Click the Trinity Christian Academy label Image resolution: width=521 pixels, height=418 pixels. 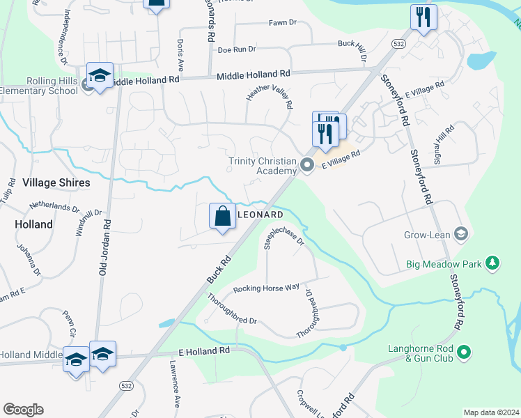[x=262, y=166]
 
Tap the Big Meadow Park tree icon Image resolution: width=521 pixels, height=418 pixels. [x=493, y=263]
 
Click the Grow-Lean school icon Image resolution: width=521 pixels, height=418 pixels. [x=459, y=233]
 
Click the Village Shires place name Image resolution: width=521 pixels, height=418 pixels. [x=56, y=183]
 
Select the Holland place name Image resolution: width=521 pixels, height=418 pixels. [x=33, y=224]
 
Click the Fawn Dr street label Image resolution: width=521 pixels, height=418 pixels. [x=283, y=23]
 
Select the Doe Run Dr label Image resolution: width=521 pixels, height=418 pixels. [x=237, y=49]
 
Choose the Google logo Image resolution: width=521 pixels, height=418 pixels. [x=23, y=410]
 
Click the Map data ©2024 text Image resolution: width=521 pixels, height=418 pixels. [x=491, y=412]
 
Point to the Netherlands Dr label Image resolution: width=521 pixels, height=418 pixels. [x=54, y=207]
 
